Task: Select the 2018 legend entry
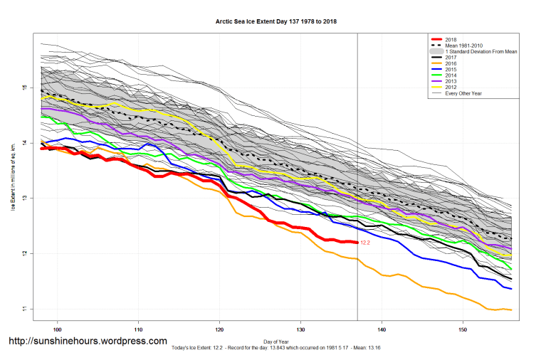click(451, 39)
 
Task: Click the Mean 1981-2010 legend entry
click(463, 46)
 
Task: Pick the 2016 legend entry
click(451, 63)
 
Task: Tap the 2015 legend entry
click(451, 70)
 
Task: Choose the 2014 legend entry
click(451, 75)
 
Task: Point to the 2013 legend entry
click(451, 82)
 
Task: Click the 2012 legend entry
click(451, 88)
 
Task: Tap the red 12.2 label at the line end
click(365, 243)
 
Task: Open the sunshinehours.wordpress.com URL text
click(88, 342)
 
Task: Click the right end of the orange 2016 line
click(511, 309)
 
